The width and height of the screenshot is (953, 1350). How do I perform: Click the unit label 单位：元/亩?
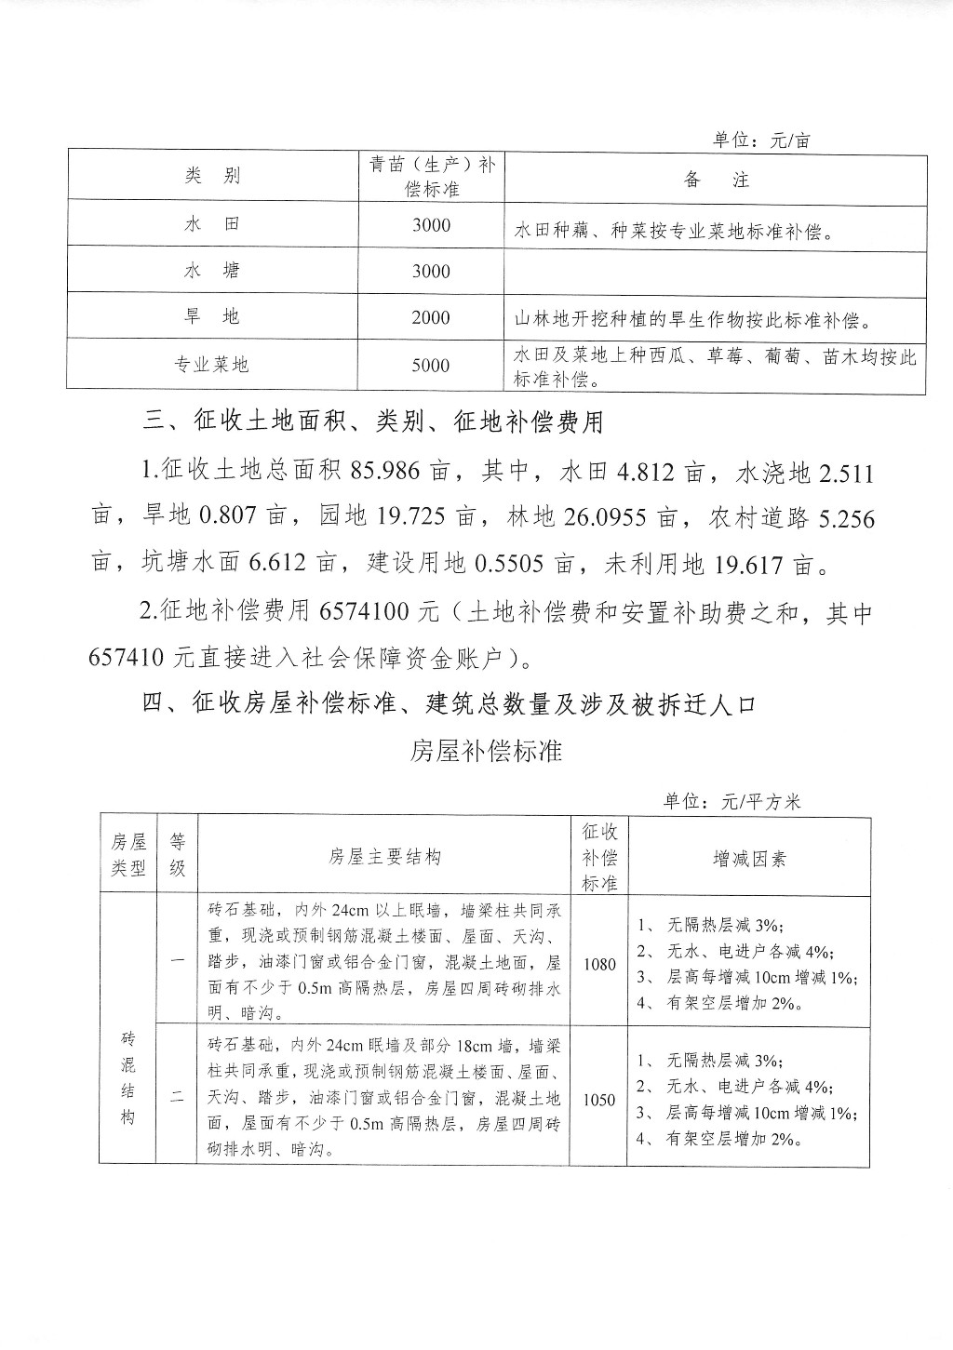pyautogui.click(x=761, y=140)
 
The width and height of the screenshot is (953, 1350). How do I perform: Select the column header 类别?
pyautogui.click(x=212, y=177)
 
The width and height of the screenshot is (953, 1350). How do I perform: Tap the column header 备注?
pyautogui.click(x=716, y=180)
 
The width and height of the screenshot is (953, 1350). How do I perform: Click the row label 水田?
pyautogui.click(x=212, y=224)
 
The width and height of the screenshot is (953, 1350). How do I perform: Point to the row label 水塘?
pyautogui.click(x=212, y=271)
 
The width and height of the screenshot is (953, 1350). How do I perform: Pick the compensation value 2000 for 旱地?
pyautogui.click(x=431, y=318)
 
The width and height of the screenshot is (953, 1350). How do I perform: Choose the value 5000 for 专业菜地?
pyautogui.click(x=431, y=366)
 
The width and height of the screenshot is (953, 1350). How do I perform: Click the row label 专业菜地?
pyautogui.click(x=212, y=365)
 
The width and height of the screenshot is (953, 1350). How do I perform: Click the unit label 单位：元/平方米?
pyautogui.click(x=732, y=802)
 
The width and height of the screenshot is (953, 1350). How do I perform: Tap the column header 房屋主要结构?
pyautogui.click(x=384, y=857)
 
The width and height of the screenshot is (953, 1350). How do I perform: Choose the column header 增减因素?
pyautogui.click(x=749, y=858)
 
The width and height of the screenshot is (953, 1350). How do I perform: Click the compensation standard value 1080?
pyautogui.click(x=599, y=964)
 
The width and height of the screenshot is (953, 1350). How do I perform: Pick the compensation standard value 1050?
pyautogui.click(x=599, y=1100)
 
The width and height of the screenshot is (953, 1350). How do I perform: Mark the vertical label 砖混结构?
pyautogui.click(x=128, y=1076)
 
